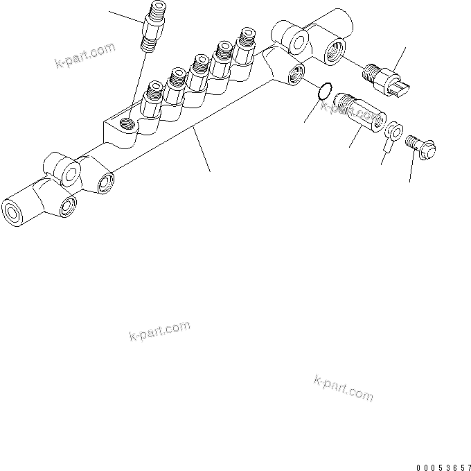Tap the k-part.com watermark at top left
tap(84, 58)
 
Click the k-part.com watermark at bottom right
tap(344, 388)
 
